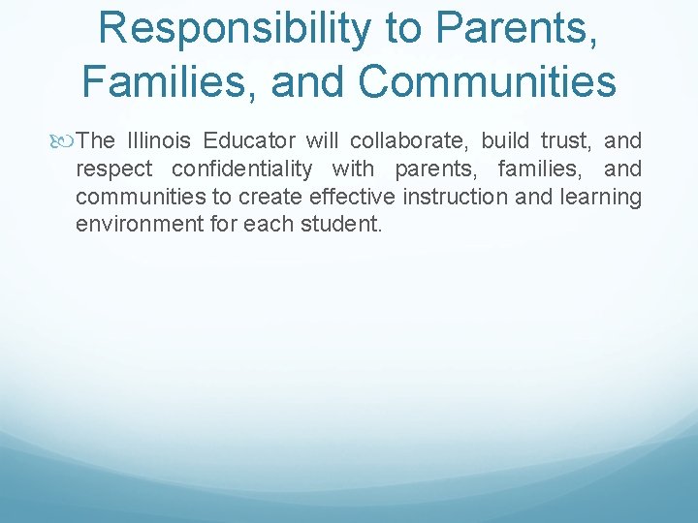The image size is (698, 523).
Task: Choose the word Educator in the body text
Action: click(248, 141)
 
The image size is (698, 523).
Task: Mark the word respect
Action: click(113, 169)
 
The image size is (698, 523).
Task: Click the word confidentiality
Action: click(242, 169)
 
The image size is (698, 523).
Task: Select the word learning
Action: click(603, 198)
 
